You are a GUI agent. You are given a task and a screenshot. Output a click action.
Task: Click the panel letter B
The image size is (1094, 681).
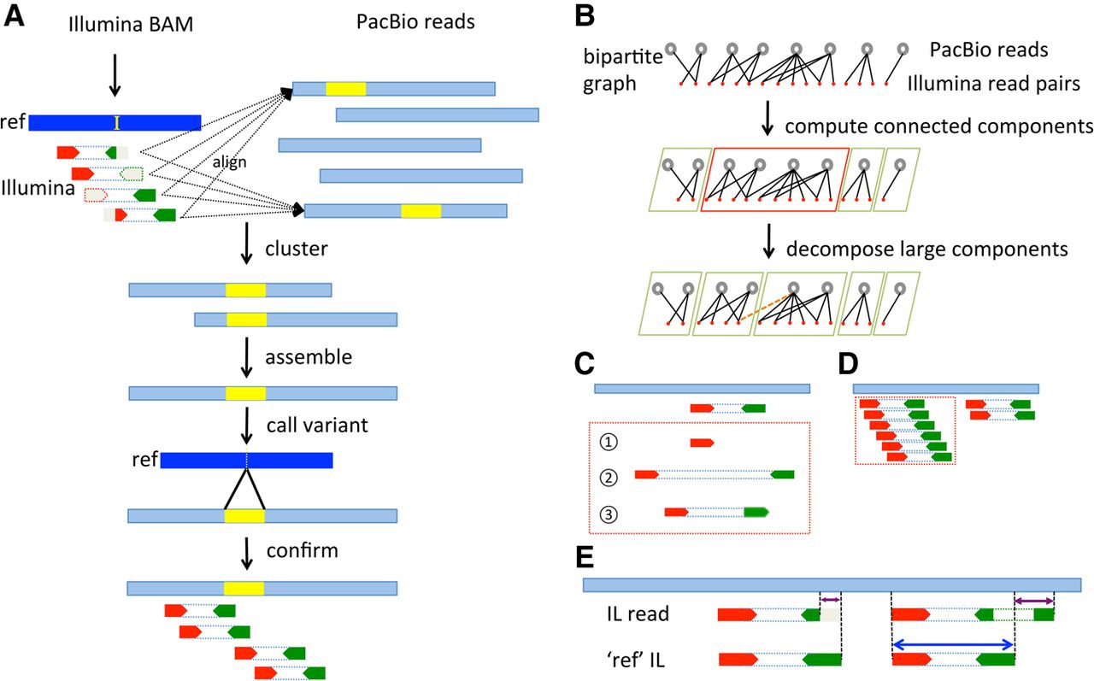[x=585, y=16]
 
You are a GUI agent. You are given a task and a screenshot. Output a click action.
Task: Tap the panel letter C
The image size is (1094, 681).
[x=585, y=363]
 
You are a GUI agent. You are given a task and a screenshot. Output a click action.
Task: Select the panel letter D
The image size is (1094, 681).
[x=848, y=364]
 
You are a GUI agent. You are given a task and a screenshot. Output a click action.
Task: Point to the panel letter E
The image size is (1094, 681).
[x=585, y=557]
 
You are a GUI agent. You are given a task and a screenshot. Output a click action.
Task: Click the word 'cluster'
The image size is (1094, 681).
[x=297, y=249]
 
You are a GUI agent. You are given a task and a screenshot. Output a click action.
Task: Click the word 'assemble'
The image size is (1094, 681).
[x=309, y=357]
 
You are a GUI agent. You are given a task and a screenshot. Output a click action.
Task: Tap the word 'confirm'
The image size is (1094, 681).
[x=303, y=550]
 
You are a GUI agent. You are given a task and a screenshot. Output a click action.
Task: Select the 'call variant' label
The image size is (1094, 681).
[x=317, y=426]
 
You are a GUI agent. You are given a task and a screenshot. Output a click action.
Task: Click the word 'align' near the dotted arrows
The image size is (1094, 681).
[x=230, y=162]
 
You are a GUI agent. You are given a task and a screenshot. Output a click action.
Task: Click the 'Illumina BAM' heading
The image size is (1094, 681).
[x=131, y=25]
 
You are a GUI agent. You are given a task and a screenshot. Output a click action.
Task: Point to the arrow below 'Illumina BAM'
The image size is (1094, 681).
[x=115, y=75]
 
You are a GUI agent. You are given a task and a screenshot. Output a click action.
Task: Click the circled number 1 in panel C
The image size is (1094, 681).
[x=608, y=443]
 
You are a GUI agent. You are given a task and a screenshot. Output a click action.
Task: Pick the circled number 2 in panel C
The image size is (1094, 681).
[x=608, y=478]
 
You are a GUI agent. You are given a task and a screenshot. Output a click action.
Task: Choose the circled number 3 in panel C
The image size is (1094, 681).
[x=608, y=514]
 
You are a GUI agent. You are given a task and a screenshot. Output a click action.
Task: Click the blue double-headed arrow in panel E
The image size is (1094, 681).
[x=953, y=645]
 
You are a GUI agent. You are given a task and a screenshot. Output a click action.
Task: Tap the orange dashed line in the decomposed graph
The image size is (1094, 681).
[x=766, y=308]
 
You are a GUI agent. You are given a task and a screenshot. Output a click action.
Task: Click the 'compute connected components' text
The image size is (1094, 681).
[x=938, y=126]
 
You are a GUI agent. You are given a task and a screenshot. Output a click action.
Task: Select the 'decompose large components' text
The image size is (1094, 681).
[x=927, y=249]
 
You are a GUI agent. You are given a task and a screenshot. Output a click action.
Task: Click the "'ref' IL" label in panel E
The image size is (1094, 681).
[x=636, y=660]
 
